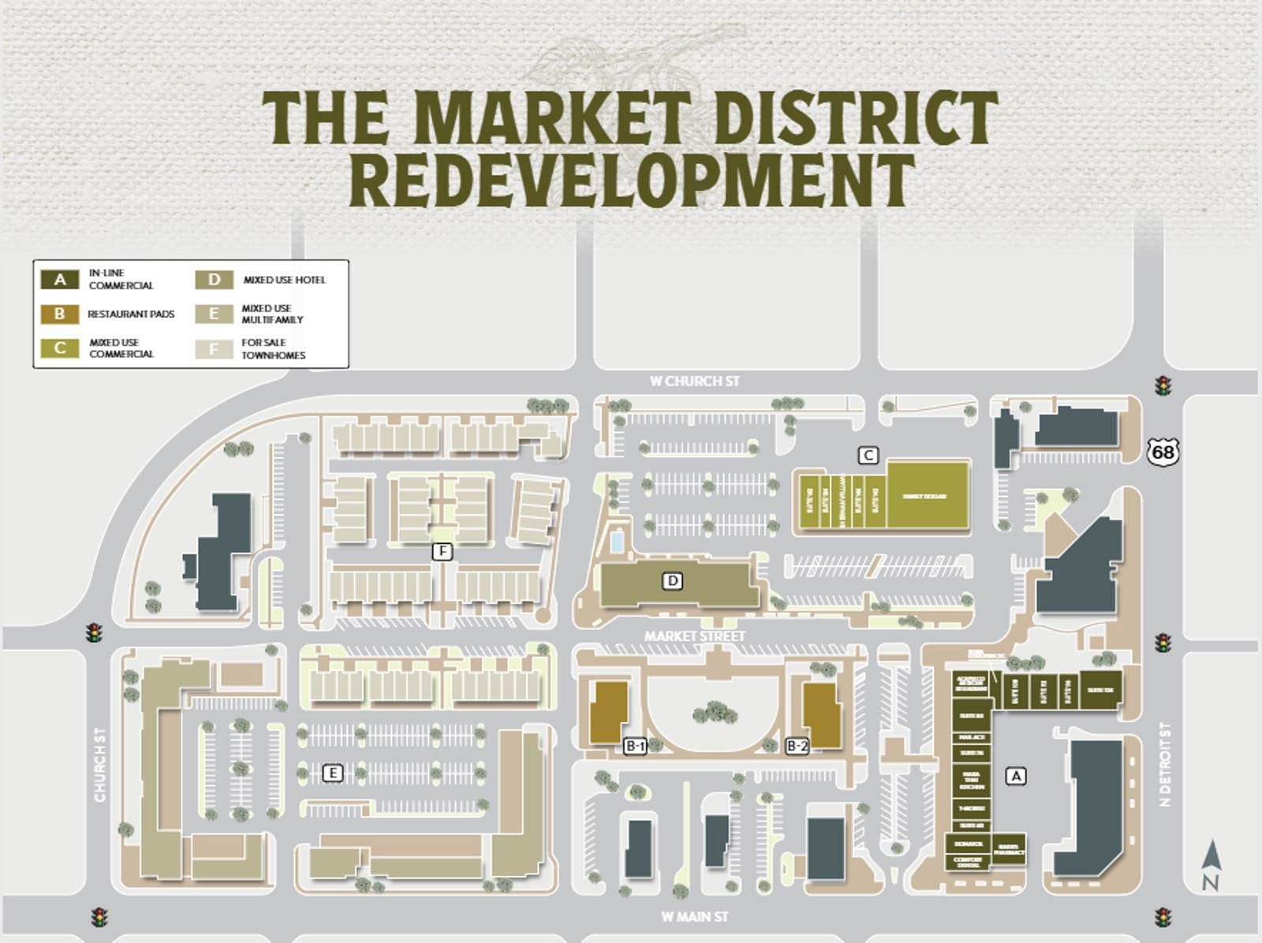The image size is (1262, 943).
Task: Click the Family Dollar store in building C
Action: click(927, 496)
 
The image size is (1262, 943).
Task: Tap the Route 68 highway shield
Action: click(1162, 452)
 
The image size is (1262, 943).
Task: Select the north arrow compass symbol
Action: click(1211, 865)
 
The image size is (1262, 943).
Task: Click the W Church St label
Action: click(694, 382)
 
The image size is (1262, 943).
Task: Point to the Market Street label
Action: click(694, 635)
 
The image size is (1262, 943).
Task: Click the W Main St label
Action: click(694, 917)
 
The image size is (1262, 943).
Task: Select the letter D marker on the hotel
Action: click(672, 581)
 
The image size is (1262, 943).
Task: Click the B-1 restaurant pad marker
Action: click(635, 745)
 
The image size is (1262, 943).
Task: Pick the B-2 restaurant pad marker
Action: click(797, 745)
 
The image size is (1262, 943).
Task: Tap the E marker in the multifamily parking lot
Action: click(333, 773)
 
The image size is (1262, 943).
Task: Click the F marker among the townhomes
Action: click(442, 551)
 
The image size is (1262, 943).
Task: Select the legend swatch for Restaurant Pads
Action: click(60, 314)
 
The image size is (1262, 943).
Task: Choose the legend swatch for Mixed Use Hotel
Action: click(214, 280)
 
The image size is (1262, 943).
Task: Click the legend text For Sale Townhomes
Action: click(273, 348)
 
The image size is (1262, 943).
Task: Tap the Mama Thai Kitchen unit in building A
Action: click(971, 781)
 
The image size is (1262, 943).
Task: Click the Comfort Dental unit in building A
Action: click(968, 862)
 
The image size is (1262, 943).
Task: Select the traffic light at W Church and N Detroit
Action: click(1162, 386)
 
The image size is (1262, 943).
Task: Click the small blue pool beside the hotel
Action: click(616, 542)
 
